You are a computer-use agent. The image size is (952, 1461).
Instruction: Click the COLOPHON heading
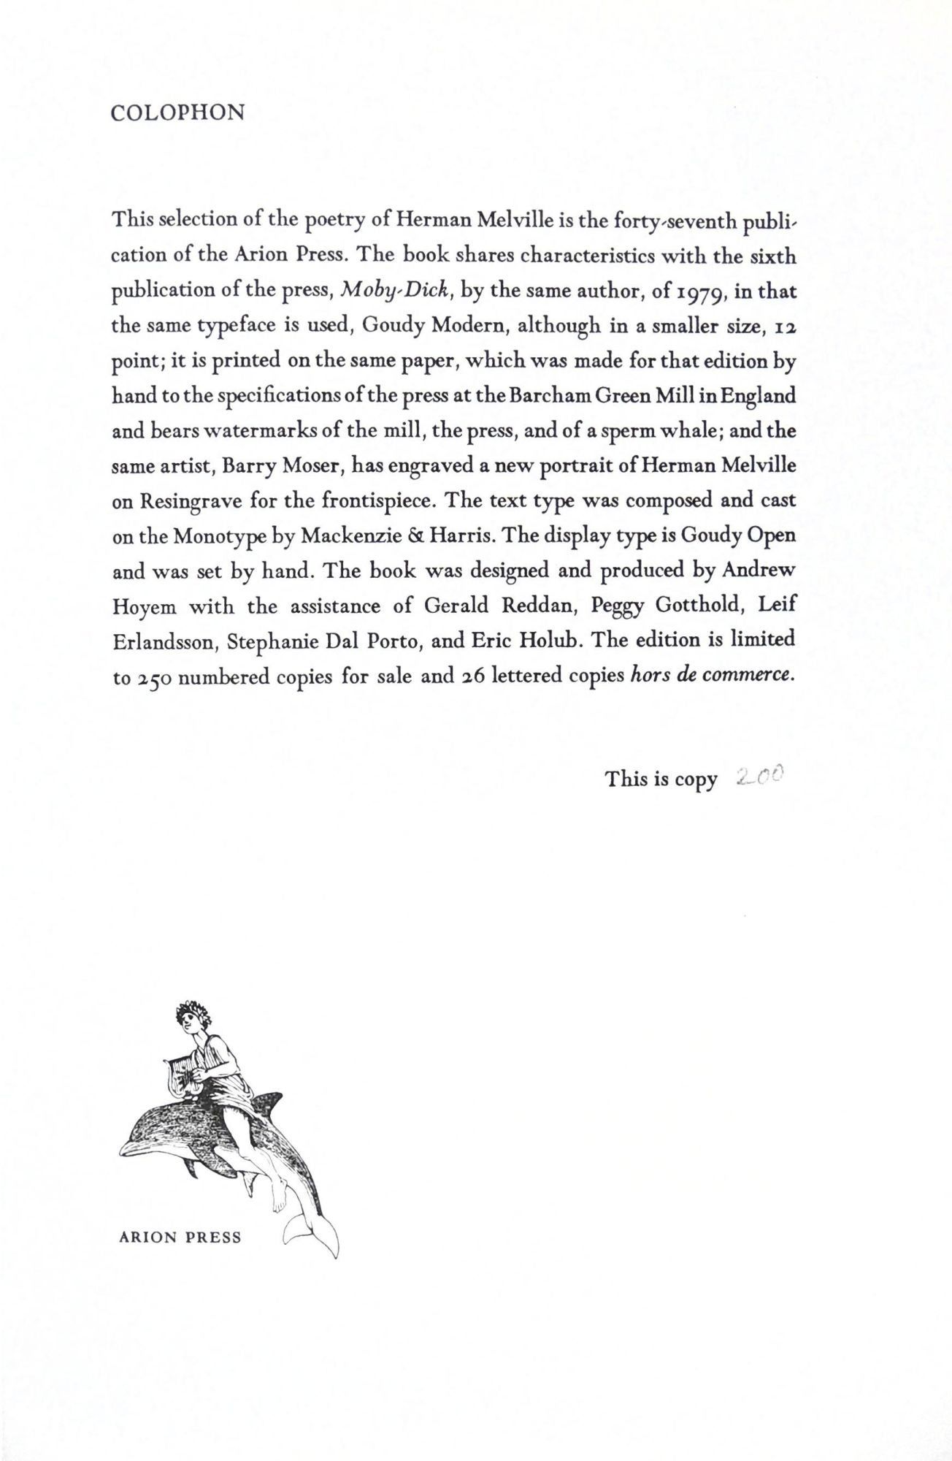click(x=177, y=113)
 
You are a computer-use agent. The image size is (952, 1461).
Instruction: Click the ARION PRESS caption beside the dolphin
click(x=180, y=1237)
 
